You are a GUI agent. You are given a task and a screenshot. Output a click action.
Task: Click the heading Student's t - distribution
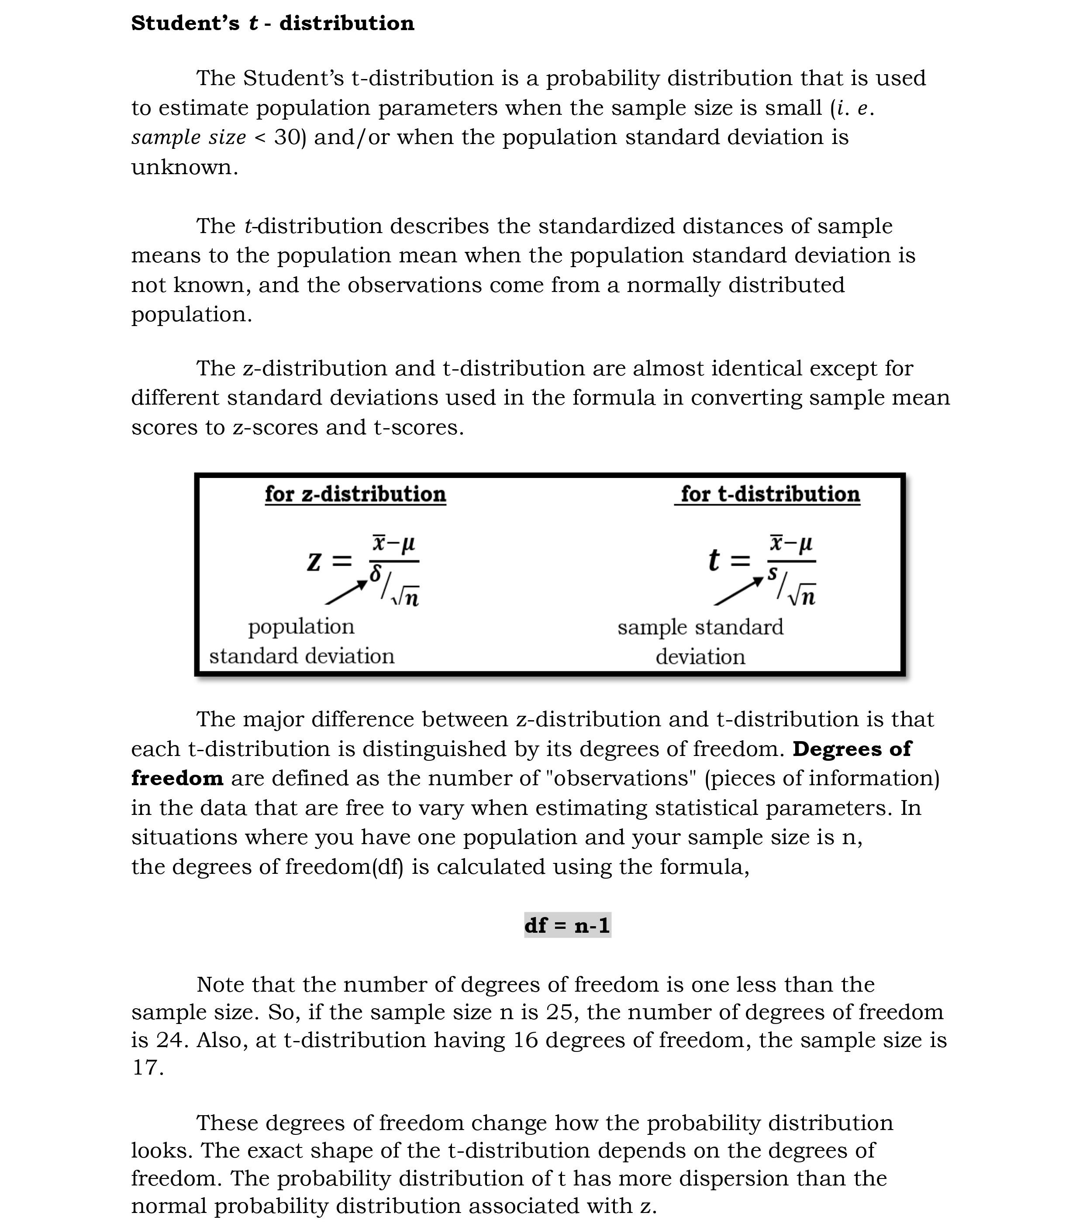pyautogui.click(x=272, y=23)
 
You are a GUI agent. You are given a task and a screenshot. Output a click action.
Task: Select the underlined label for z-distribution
pyautogui.click(x=355, y=494)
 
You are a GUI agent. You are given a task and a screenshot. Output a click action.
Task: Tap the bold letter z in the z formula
pyautogui.click(x=314, y=561)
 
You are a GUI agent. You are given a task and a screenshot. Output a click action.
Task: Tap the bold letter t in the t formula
pyautogui.click(x=713, y=560)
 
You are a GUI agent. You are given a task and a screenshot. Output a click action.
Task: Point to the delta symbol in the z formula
pyautogui.click(x=376, y=573)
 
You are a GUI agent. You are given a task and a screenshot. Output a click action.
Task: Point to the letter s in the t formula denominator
pyautogui.click(x=773, y=573)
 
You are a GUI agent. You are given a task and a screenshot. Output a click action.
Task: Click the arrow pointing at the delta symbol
pyautogui.click(x=346, y=592)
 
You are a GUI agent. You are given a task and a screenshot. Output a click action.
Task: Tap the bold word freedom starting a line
pyautogui.click(x=177, y=778)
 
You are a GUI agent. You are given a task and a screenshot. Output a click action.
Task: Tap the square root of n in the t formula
pyautogui.click(x=802, y=596)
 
